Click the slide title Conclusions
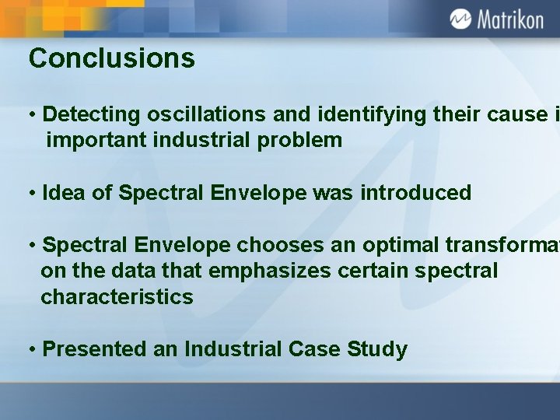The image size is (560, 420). tap(111, 58)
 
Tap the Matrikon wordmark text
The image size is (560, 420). tap(509, 19)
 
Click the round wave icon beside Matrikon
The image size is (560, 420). tap(460, 19)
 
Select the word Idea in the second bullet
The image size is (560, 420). tap(65, 193)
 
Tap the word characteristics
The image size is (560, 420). tap(117, 297)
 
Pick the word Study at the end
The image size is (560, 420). tap(379, 349)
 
